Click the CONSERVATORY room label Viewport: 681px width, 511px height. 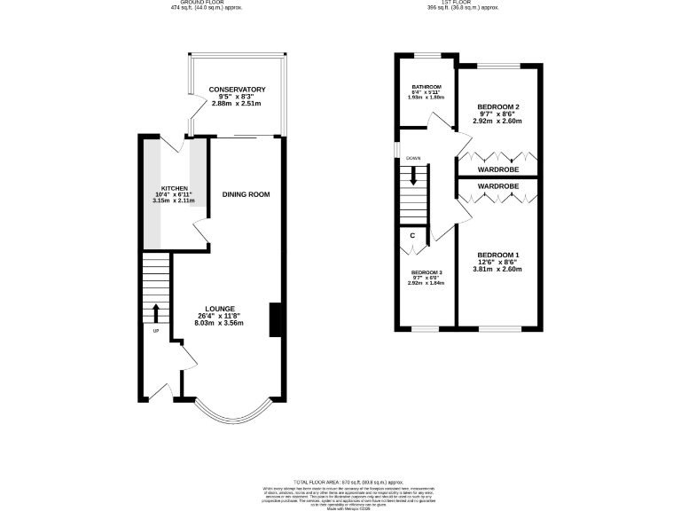tap(237, 90)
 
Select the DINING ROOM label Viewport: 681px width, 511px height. tap(246, 194)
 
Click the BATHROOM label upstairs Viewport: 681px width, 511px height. tap(426, 87)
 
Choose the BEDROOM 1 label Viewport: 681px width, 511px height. tap(497, 255)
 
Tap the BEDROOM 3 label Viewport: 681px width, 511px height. tap(426, 272)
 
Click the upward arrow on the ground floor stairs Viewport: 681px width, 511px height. tap(156, 312)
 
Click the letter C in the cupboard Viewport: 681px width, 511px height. tap(413, 236)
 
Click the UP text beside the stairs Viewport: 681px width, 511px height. tap(155, 332)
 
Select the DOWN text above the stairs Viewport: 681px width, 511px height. tap(413, 159)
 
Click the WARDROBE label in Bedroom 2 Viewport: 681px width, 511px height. tap(497, 169)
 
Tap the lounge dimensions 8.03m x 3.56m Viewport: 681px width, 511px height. tap(219, 324)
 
